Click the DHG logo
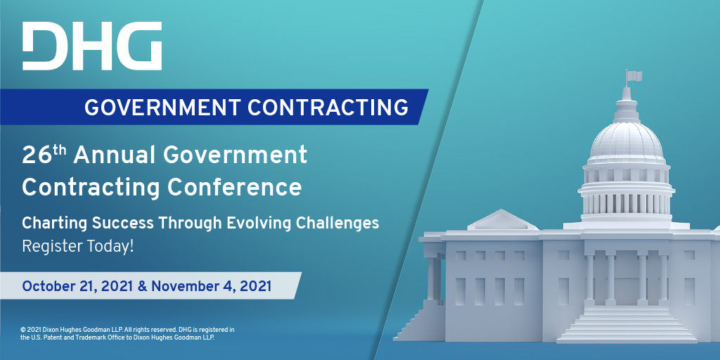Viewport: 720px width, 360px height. pyautogui.click(x=92, y=46)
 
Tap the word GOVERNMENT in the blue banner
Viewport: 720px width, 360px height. pyautogui.click(x=162, y=107)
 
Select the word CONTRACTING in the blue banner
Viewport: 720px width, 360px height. pyautogui.click(x=328, y=107)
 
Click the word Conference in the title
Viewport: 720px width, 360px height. pyautogui.click(x=234, y=187)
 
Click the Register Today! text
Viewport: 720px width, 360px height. pyautogui.click(x=77, y=247)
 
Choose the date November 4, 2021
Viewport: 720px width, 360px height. pyautogui.click(x=211, y=287)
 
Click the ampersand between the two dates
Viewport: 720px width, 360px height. pyautogui.click(x=142, y=287)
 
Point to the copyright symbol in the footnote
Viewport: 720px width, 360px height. pyautogui.click(x=22, y=330)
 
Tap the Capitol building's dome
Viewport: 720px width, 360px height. pyautogui.click(x=626, y=142)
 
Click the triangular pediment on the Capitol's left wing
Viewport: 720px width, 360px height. pyautogui.click(x=502, y=220)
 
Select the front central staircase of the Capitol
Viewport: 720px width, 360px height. pyautogui.click(x=626, y=323)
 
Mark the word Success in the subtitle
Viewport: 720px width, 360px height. pyautogui.click(x=122, y=224)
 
